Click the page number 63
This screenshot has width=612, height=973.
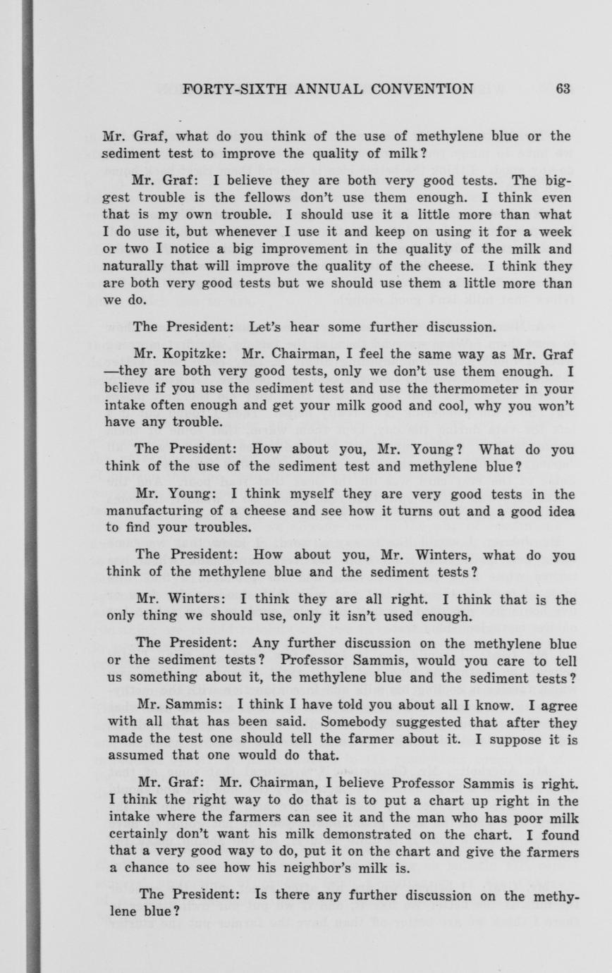[x=563, y=89]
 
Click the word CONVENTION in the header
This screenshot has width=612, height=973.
[x=422, y=89]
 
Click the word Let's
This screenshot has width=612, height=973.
[x=266, y=327]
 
